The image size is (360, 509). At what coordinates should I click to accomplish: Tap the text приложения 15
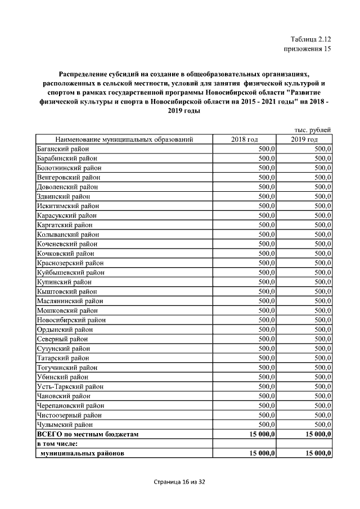[306, 49]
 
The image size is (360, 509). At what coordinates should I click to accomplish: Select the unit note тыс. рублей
[313, 130]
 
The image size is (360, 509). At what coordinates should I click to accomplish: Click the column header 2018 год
[244, 139]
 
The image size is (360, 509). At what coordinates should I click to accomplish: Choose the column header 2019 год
[304, 139]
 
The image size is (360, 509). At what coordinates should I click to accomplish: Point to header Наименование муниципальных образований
[124, 139]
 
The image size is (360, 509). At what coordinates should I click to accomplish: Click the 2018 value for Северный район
[266, 339]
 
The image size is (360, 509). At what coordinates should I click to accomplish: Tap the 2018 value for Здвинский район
[266, 196]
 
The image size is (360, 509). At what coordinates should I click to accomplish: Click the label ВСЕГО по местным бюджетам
[87, 434]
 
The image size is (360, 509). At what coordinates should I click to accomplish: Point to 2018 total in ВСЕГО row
[258, 434]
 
